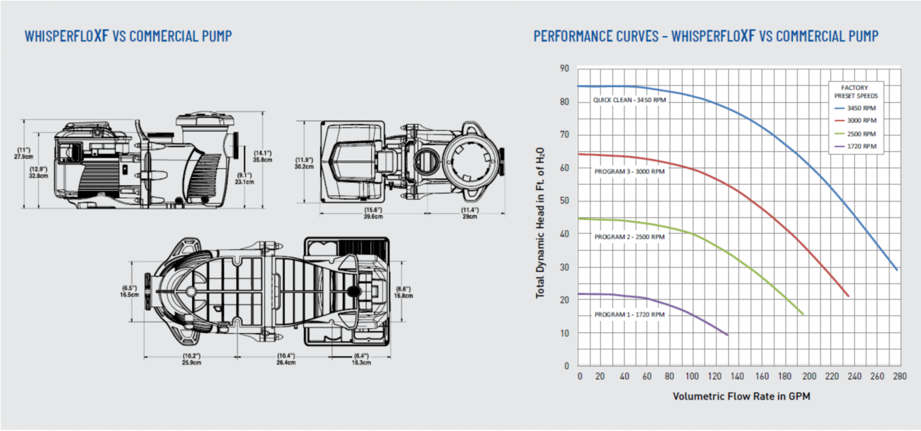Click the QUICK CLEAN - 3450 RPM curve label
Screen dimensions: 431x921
(630, 100)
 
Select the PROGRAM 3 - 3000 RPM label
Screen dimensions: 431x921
(630, 172)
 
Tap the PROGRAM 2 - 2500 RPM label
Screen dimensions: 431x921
(630, 237)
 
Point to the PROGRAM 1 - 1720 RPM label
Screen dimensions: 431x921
(630, 314)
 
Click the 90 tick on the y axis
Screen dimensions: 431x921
(564, 68)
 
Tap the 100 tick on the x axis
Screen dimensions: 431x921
(692, 376)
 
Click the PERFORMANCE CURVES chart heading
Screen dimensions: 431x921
(705, 36)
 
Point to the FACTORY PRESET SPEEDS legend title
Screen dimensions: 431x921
(856, 91)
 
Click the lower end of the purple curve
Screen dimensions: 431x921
(727, 335)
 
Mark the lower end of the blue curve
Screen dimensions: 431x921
(897, 270)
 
